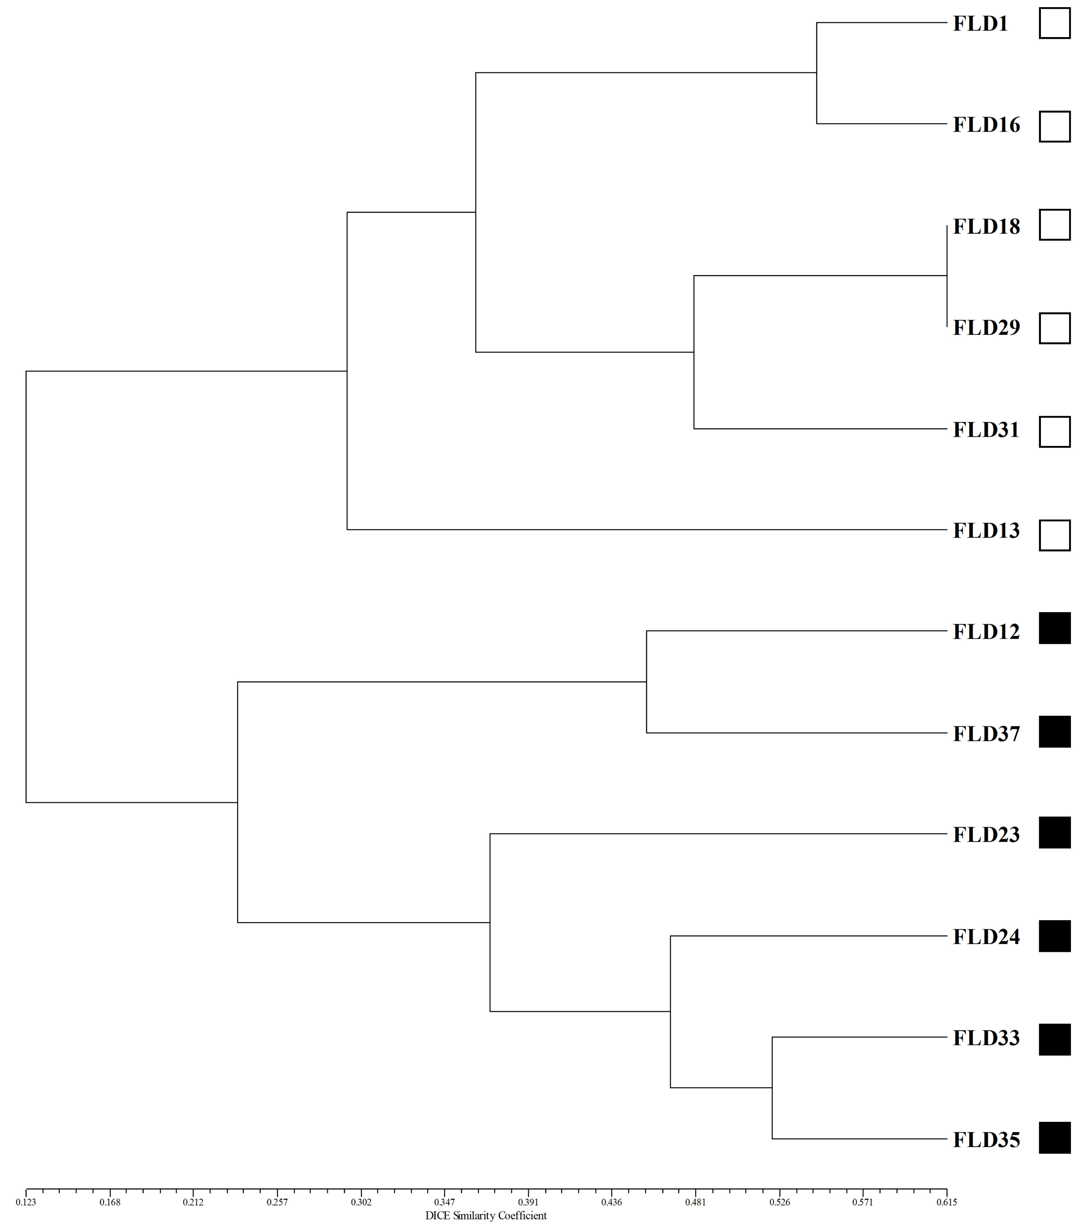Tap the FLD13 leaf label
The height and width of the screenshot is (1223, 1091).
tap(986, 531)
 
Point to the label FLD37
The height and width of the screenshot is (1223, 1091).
tap(986, 734)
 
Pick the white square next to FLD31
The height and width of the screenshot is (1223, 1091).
tap(1055, 432)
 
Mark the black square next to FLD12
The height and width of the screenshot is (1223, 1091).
tap(1055, 628)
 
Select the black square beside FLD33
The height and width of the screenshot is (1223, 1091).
tap(1055, 1040)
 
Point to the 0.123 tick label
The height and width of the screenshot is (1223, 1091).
tap(26, 1202)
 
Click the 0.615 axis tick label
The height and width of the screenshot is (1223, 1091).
tap(947, 1202)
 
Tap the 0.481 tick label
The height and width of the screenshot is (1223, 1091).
tap(695, 1202)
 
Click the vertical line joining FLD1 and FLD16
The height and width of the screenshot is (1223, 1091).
tap(817, 73)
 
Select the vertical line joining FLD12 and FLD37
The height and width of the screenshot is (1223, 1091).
tap(646, 682)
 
